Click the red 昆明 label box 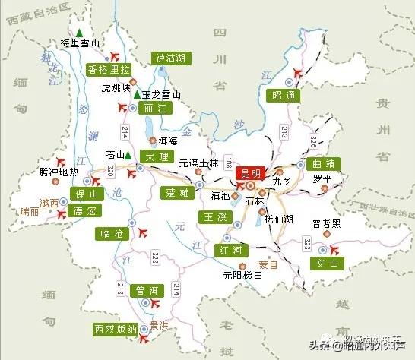(250, 173)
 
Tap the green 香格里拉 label (109, 69)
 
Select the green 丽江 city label (151, 109)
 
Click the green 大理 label (157, 156)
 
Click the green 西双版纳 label (116, 329)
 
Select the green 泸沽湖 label (171, 58)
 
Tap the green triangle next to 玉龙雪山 (136, 95)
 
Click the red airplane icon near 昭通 (296, 72)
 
